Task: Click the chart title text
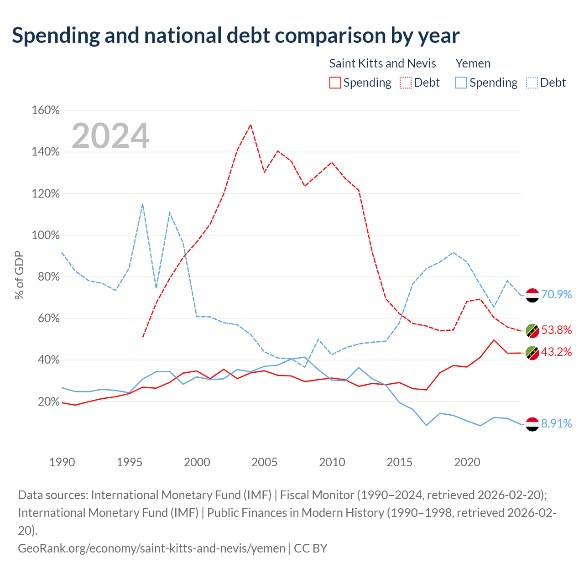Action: point(235,36)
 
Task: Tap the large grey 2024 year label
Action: point(110,136)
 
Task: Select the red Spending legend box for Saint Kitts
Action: point(335,83)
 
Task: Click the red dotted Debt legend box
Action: point(406,83)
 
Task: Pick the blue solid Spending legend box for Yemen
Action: point(461,83)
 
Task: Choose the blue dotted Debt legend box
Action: point(532,83)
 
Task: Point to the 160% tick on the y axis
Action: point(46,110)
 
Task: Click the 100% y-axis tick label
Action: point(46,235)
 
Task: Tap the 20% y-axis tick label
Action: point(49,402)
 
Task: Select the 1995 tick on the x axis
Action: point(130,462)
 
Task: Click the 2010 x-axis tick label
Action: point(332,462)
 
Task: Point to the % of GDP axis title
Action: point(19,275)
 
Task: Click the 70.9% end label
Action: point(556,294)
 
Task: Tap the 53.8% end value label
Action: point(556,330)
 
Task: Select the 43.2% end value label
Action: point(556,352)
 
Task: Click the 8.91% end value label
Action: point(556,424)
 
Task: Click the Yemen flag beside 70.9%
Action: point(532,295)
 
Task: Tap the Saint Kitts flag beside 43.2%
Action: point(532,353)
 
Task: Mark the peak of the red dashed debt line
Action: point(250,125)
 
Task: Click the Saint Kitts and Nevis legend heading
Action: point(382,63)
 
